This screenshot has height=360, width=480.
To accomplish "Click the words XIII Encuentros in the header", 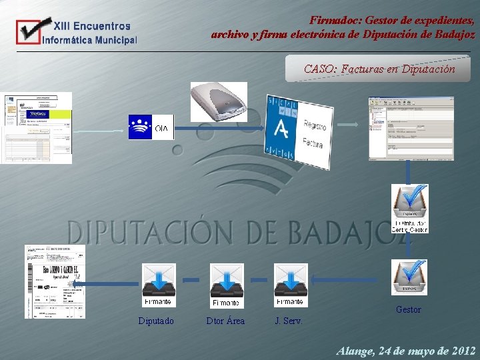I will (92, 27).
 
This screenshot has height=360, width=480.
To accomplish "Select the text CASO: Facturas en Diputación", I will (379, 69).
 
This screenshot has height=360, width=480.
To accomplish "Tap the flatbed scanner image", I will (218, 101).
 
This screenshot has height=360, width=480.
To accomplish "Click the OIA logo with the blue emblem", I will (151, 127).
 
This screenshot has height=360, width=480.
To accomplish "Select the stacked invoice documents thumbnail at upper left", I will (36, 127).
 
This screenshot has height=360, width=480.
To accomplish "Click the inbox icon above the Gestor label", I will (409, 277).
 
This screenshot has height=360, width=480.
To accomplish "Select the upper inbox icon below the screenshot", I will (409, 208).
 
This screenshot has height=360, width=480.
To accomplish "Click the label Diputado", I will (156, 321).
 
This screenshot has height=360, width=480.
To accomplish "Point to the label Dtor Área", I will (225, 321).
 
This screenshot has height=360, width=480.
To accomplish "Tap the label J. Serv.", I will (289, 321).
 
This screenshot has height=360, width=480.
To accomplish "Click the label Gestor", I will (408, 309).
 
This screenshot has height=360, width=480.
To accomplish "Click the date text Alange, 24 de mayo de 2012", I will (406, 350).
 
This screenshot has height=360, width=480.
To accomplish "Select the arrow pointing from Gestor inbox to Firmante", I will (349, 279).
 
